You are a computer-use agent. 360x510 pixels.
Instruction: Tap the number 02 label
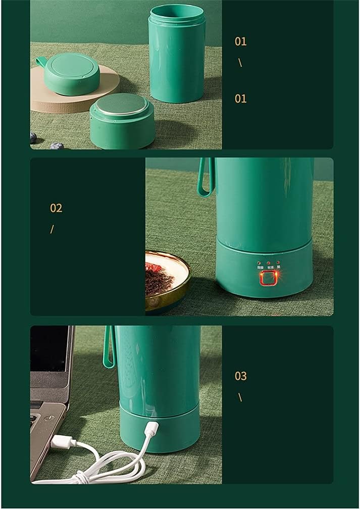(56, 208)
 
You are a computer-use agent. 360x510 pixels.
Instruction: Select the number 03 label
(241, 376)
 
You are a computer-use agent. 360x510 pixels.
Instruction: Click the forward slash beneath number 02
(52, 229)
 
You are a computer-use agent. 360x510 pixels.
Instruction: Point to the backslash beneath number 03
(240, 397)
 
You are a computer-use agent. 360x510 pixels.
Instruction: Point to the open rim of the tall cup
(177, 13)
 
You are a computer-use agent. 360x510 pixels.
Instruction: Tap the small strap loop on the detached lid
(41, 62)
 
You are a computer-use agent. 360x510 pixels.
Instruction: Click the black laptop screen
(48, 348)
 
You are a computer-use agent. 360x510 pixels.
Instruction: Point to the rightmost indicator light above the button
(278, 263)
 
